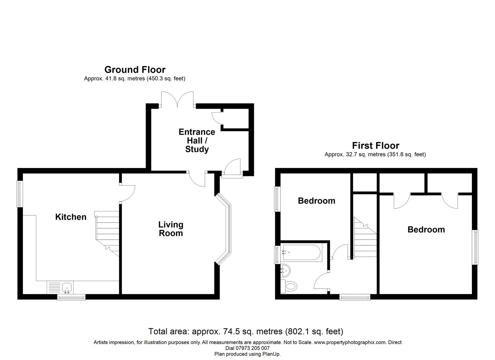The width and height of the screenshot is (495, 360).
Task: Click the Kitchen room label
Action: click(x=71, y=217)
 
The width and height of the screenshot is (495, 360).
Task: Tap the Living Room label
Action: click(x=171, y=229)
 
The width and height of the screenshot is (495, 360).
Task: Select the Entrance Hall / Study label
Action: click(x=197, y=140)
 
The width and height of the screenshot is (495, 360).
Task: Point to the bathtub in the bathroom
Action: click(x=301, y=253)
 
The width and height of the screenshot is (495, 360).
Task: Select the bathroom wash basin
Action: click(x=285, y=270)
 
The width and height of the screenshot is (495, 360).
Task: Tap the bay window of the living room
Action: click(x=225, y=229)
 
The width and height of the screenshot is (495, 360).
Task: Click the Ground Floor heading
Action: click(x=135, y=70)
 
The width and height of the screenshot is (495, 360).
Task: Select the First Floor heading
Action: click(x=375, y=146)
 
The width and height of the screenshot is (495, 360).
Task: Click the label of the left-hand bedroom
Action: click(x=316, y=201)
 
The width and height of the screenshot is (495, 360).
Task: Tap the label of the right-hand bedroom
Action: click(x=426, y=230)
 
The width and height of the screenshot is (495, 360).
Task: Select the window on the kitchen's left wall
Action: click(x=20, y=194)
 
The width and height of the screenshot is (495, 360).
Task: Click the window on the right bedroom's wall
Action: click(x=475, y=247)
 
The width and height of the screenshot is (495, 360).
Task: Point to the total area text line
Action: click(x=246, y=331)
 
